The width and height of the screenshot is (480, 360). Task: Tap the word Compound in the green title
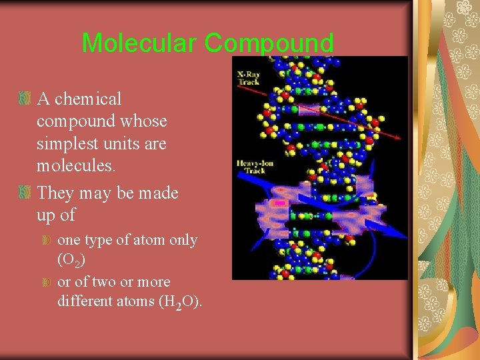[269, 43]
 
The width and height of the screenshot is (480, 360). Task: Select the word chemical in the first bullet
[88, 99]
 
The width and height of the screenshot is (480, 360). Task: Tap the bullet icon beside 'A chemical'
[25, 99]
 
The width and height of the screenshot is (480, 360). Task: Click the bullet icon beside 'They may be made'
[25, 193]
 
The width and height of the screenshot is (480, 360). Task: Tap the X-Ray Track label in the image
[249, 77]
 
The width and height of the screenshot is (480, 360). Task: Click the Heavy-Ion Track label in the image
[251, 165]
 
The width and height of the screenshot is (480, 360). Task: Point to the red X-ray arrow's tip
[400, 138]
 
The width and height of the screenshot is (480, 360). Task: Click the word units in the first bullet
[148, 144]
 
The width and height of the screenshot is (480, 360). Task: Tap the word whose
[146, 121]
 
